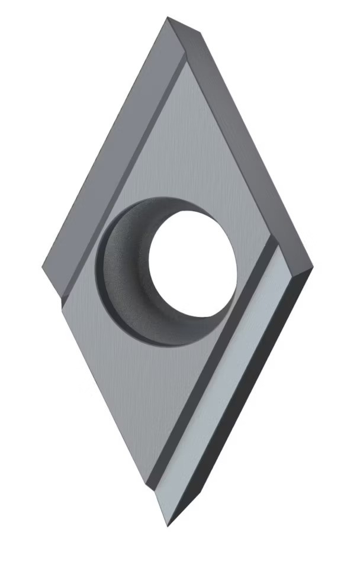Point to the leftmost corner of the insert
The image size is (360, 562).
43,267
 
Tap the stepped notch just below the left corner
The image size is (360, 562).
63,299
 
